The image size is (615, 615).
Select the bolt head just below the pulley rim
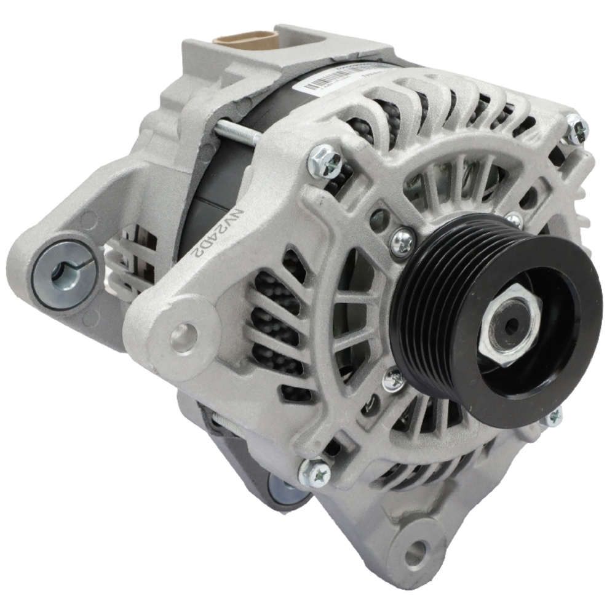553,417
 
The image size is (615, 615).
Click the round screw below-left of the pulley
394,381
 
